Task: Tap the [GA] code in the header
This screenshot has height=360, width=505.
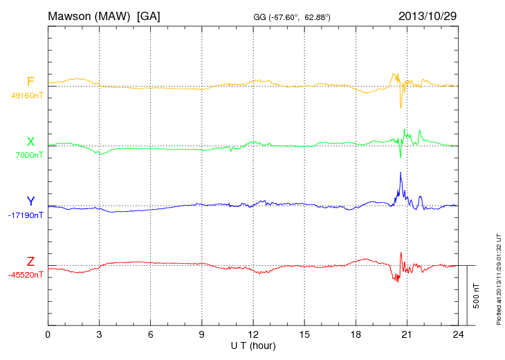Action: [149, 15]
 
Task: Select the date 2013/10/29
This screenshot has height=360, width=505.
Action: [427, 15]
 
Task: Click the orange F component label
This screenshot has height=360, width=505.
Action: [30, 82]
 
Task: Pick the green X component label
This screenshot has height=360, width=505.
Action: [30, 142]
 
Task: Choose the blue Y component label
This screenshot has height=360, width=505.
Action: [30, 201]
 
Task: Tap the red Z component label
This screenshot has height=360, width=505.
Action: [30, 261]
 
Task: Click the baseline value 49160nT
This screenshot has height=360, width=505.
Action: [26, 96]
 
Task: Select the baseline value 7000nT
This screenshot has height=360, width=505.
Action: [29, 155]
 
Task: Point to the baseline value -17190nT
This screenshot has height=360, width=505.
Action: [26, 215]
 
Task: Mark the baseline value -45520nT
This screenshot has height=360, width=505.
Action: [26, 275]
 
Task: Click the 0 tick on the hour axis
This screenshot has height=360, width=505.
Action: [48, 334]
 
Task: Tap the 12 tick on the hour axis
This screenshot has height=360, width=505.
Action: [253, 334]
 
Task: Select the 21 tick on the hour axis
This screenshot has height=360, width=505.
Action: [407, 334]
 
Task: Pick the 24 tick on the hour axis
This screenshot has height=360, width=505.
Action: [458, 334]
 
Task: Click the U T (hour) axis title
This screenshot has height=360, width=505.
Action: [253, 345]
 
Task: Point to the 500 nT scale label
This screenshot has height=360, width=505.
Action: [477, 296]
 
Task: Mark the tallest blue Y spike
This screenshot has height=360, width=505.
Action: [401, 173]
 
